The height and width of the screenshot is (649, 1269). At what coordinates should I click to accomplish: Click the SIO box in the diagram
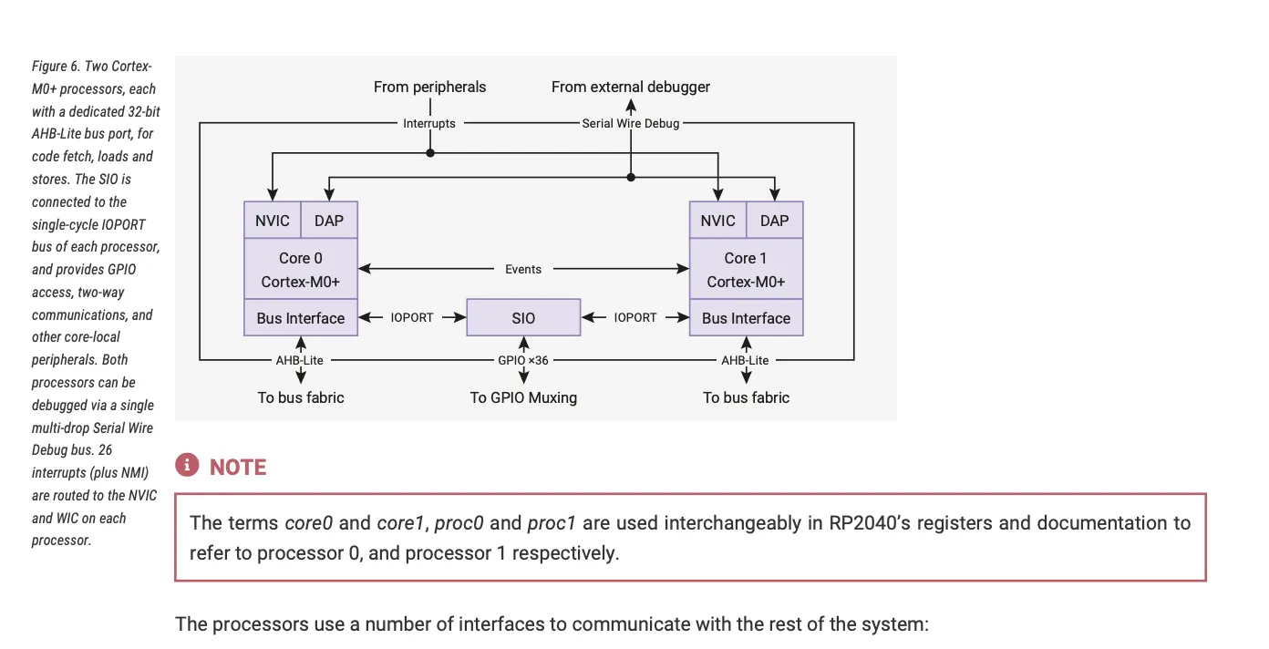pos(523,318)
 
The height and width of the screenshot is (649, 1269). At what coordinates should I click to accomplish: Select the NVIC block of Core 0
pos(273,221)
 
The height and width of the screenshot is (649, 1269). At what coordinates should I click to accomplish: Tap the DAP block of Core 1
pos(774,221)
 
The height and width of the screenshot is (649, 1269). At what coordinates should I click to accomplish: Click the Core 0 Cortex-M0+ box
pos(300,270)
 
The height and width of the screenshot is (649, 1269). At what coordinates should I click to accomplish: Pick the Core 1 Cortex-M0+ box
pos(746,270)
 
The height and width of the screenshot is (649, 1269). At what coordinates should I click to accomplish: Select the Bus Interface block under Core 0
pos(300,318)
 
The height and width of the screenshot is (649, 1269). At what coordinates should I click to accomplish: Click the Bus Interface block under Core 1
pos(746,318)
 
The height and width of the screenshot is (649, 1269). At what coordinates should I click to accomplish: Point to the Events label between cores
pos(523,269)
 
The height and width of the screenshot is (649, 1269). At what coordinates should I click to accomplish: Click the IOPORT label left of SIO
pos(412,318)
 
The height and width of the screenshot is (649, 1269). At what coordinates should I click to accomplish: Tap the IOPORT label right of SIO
pos(634,318)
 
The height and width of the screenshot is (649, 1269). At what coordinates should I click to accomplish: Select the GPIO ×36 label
pos(523,360)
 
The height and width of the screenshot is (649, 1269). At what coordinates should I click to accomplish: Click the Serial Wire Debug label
pos(631,123)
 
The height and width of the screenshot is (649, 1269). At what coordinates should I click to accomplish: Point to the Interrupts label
pos(429,123)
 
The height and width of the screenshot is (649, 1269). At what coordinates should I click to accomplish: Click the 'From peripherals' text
pos(429,87)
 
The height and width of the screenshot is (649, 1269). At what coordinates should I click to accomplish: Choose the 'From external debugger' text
pos(631,87)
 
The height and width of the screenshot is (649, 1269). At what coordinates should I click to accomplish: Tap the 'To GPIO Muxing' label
pos(523,397)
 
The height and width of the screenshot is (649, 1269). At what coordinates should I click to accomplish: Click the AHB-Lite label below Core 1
pos(745,360)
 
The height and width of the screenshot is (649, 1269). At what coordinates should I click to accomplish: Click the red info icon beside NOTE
pos(187,466)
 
